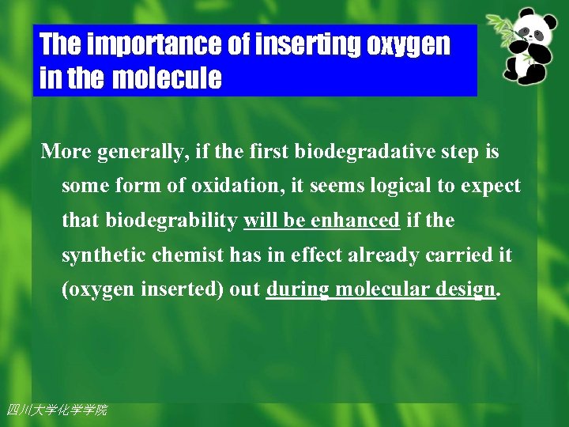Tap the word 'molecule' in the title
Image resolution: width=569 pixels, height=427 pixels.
[167, 79]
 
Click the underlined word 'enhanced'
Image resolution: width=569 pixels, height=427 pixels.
[356, 221]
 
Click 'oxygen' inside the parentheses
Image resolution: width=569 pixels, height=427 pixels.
[97, 290]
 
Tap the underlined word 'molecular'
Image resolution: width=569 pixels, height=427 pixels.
[375, 290]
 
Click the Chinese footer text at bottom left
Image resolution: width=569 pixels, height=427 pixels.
[56, 410]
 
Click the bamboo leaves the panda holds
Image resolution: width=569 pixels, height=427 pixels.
[499, 28]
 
